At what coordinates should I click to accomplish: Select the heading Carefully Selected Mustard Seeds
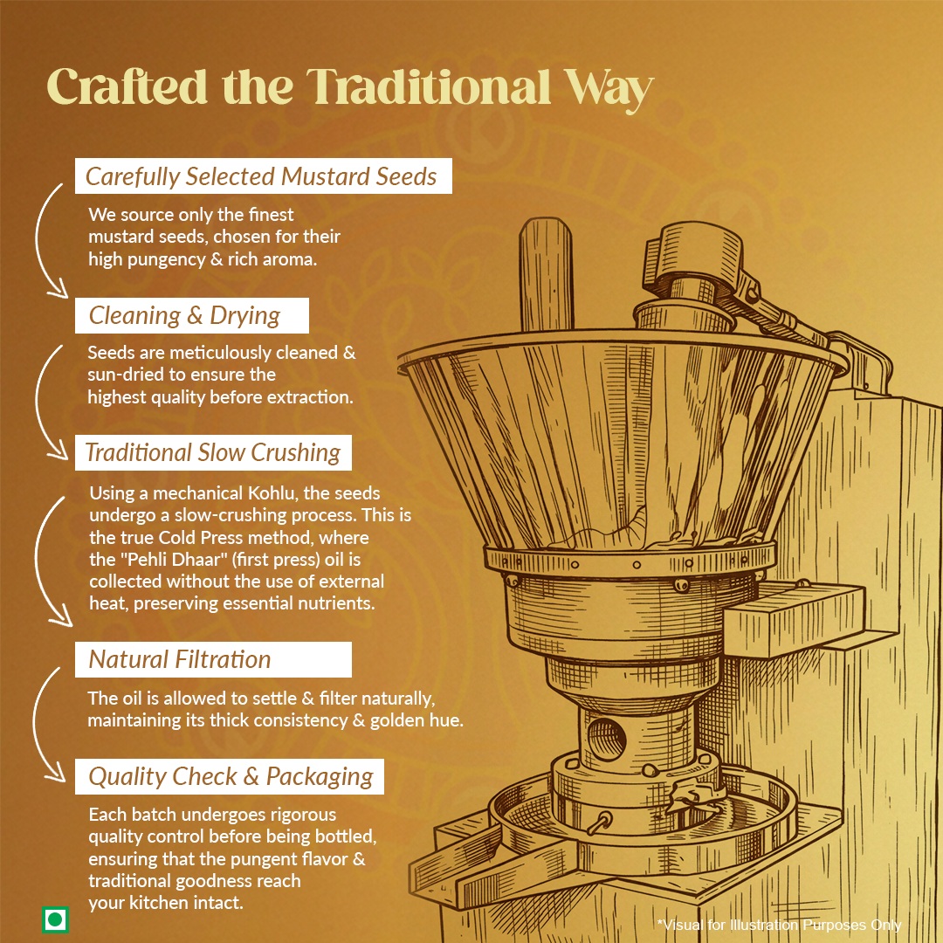(x=261, y=176)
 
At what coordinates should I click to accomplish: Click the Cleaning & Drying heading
(x=184, y=316)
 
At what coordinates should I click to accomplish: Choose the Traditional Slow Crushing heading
(x=213, y=452)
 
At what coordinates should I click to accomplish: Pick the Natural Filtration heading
(x=180, y=659)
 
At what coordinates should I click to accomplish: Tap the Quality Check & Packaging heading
(x=231, y=776)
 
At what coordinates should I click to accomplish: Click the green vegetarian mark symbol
(x=55, y=919)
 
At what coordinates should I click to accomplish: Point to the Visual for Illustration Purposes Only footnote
(x=779, y=925)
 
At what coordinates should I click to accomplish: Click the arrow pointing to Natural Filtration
(x=38, y=560)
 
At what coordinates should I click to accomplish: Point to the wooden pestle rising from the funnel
(x=546, y=273)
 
